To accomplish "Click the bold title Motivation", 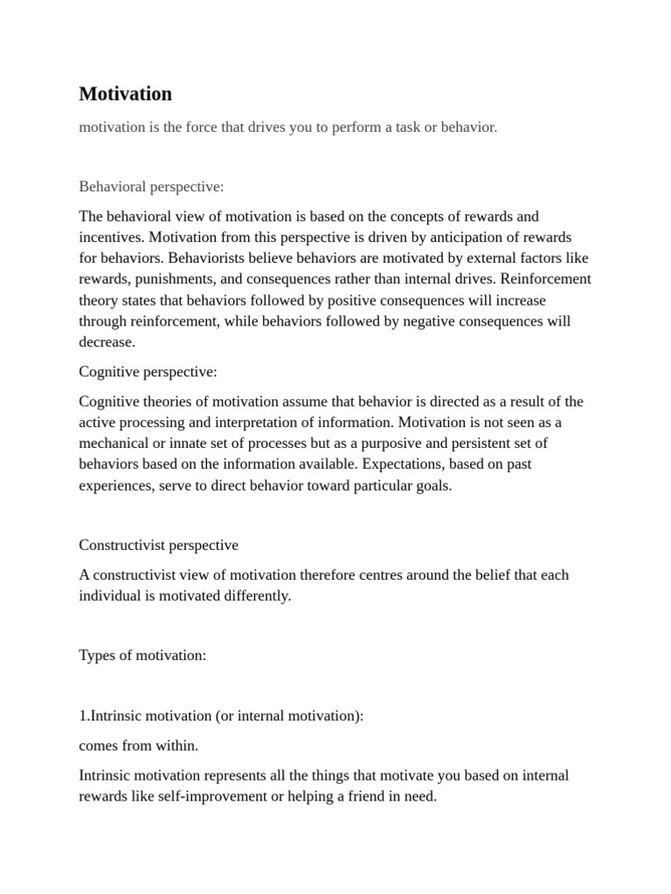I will click(125, 93).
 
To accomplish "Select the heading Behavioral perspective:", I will click(151, 187).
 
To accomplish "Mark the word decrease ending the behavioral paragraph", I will click(106, 341).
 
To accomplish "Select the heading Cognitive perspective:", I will click(148, 372).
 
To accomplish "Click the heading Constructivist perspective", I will click(158, 545).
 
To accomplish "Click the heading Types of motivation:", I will click(142, 656).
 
